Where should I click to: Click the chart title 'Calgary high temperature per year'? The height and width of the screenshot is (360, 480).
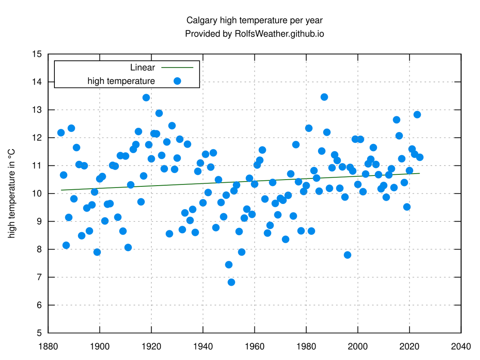click(x=254, y=20)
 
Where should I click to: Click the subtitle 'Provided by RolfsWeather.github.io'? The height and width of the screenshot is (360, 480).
click(x=254, y=34)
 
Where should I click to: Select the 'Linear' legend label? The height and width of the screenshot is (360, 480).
click(x=142, y=68)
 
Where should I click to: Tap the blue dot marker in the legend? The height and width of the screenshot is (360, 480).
click(x=177, y=81)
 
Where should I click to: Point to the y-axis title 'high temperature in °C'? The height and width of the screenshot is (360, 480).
click(x=12, y=193)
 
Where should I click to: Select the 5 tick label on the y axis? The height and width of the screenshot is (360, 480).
click(x=40, y=333)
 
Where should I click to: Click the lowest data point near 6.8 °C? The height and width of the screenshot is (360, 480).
click(x=231, y=282)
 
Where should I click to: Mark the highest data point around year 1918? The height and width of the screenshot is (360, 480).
click(x=146, y=98)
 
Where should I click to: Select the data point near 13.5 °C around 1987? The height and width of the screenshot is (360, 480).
click(x=324, y=97)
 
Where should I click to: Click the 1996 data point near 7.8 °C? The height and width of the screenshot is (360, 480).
click(x=348, y=255)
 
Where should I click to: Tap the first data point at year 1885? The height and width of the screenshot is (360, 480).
click(x=61, y=133)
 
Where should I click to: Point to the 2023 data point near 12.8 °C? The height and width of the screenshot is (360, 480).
click(x=417, y=114)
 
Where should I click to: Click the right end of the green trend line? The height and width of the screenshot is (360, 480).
click(x=420, y=173)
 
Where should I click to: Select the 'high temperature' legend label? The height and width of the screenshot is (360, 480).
click(x=121, y=81)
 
